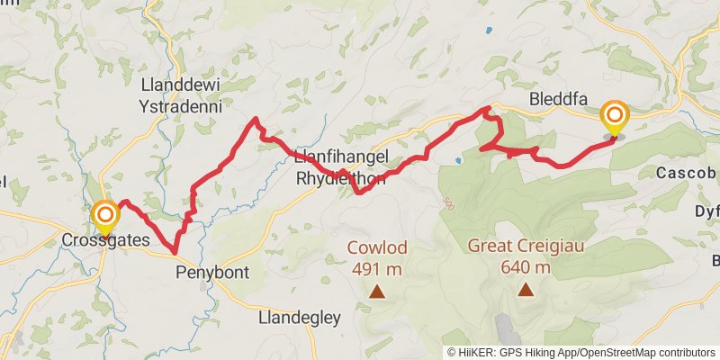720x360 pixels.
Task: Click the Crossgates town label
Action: pyautogui.click(x=105, y=240)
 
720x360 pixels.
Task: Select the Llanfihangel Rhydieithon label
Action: pyautogui.click(x=342, y=167)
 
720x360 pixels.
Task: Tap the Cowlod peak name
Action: pyautogui.click(x=377, y=247)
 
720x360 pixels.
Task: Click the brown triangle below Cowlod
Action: pyautogui.click(x=377, y=291)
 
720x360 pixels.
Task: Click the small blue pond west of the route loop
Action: pyautogui.click(x=459, y=161)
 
